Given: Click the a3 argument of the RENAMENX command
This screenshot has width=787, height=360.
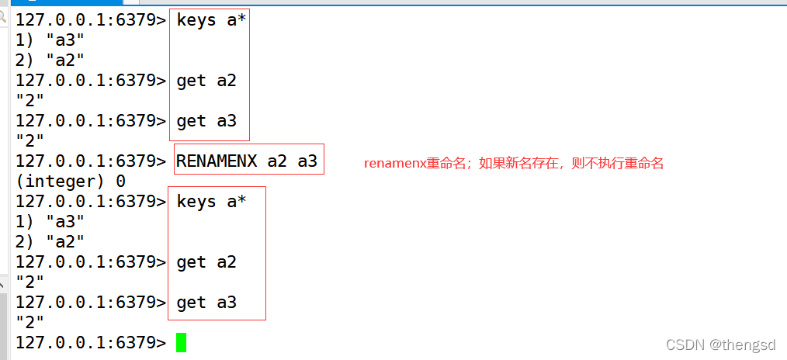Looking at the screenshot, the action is point(307,161).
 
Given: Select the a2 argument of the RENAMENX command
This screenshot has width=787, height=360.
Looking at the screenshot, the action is point(277,161).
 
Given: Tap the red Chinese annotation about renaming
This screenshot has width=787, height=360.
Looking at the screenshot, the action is point(514,164).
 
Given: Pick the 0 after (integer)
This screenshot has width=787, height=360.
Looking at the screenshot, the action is point(120,182).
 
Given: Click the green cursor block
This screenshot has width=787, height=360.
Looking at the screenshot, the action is point(182,342).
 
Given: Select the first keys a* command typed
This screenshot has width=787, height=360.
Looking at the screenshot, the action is point(211,20).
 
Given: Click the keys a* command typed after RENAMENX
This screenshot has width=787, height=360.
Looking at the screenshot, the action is point(211,202).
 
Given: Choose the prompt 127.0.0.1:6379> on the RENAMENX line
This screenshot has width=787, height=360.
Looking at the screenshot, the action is point(90,161).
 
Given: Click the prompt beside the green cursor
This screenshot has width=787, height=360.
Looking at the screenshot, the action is point(90,342).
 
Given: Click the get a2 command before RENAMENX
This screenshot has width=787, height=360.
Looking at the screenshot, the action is point(206,81).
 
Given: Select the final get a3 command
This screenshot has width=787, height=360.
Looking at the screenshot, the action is point(206,303).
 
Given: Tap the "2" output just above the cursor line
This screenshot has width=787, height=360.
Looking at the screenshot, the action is point(29,322).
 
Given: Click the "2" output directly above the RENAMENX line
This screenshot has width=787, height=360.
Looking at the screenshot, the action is point(29,140).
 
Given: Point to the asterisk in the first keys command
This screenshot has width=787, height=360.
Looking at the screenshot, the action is point(241,19).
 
